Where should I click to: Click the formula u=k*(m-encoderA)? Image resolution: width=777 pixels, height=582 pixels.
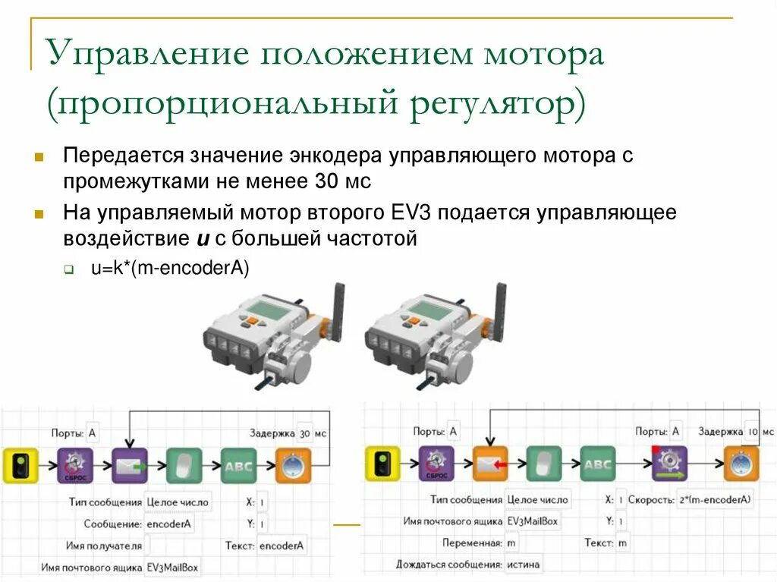170,267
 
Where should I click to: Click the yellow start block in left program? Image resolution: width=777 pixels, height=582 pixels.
20,465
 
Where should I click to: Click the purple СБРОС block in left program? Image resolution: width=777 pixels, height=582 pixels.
75,465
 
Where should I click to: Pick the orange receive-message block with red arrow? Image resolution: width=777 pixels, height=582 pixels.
490,464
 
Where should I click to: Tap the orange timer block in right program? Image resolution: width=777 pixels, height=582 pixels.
741,464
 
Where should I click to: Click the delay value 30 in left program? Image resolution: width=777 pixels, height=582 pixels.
305,433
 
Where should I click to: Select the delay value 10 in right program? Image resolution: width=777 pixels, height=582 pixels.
751,432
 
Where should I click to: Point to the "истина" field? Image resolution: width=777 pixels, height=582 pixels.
525,565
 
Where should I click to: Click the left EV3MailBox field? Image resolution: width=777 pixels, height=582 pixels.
173,567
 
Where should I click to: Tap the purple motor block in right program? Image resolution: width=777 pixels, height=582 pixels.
669,464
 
